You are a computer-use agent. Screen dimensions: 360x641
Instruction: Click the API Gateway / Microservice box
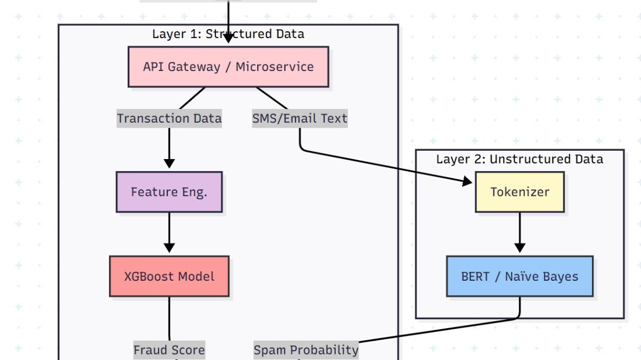[228, 67]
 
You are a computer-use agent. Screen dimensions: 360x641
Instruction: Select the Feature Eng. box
[169, 192]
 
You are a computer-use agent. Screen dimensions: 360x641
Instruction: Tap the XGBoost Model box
[169, 276]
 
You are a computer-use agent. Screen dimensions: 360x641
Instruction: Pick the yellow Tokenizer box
[519, 192]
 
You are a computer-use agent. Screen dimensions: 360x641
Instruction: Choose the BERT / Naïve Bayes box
[519, 276]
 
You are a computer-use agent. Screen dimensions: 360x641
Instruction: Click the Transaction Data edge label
[169, 118]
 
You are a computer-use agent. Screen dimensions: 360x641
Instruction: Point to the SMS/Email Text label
[300, 118]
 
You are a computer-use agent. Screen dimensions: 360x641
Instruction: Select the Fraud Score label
[169, 350]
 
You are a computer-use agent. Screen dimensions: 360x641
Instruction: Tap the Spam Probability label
[306, 350]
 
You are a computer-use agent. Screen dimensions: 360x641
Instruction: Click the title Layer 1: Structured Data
[228, 34]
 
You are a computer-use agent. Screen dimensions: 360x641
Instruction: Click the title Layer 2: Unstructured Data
[519, 159]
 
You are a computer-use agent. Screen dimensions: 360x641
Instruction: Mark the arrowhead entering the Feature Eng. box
[169, 164]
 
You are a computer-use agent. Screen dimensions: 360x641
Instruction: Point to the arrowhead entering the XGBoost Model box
[169, 248]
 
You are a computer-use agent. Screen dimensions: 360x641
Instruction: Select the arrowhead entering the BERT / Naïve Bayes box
[519, 248]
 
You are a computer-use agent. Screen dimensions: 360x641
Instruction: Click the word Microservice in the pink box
[274, 67]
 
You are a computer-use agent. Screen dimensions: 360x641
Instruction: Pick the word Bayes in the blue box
[561, 276]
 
